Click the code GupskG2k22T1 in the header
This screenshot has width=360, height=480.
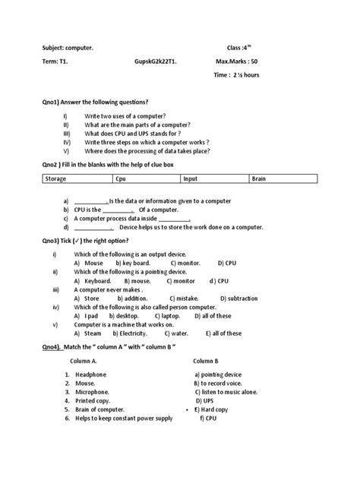coord(161,60)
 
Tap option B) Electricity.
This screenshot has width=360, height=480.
coord(135,333)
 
